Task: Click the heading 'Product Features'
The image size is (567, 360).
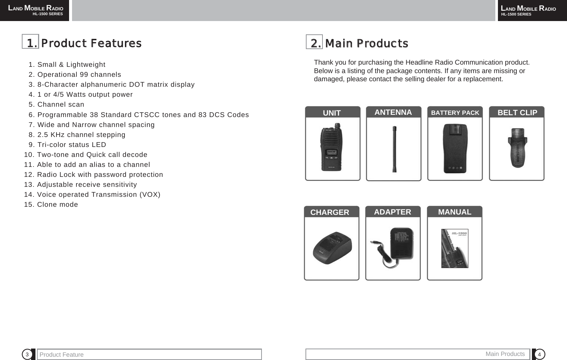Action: tap(91, 43)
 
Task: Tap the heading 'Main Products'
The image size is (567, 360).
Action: tap(366, 44)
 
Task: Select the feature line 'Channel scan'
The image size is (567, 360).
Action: tap(61, 104)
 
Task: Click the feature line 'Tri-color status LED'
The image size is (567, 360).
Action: tap(71, 145)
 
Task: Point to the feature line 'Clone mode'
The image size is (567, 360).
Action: tap(57, 205)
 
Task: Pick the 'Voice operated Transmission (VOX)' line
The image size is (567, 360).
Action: tap(98, 195)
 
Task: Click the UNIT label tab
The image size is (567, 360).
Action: tap(332, 113)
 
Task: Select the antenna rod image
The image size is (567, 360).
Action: tap(394, 149)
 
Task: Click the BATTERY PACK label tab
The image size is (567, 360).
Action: tap(455, 113)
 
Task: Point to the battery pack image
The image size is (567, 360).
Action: tap(455, 148)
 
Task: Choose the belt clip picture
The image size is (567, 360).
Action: tap(517, 148)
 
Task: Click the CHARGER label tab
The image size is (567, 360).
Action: tap(330, 212)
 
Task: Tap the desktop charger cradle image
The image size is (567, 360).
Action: tap(332, 248)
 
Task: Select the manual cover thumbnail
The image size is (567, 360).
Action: tap(455, 248)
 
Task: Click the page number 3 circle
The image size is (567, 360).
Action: tap(27, 354)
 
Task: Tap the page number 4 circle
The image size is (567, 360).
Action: tap(539, 354)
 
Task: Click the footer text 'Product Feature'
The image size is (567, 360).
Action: tap(62, 354)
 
